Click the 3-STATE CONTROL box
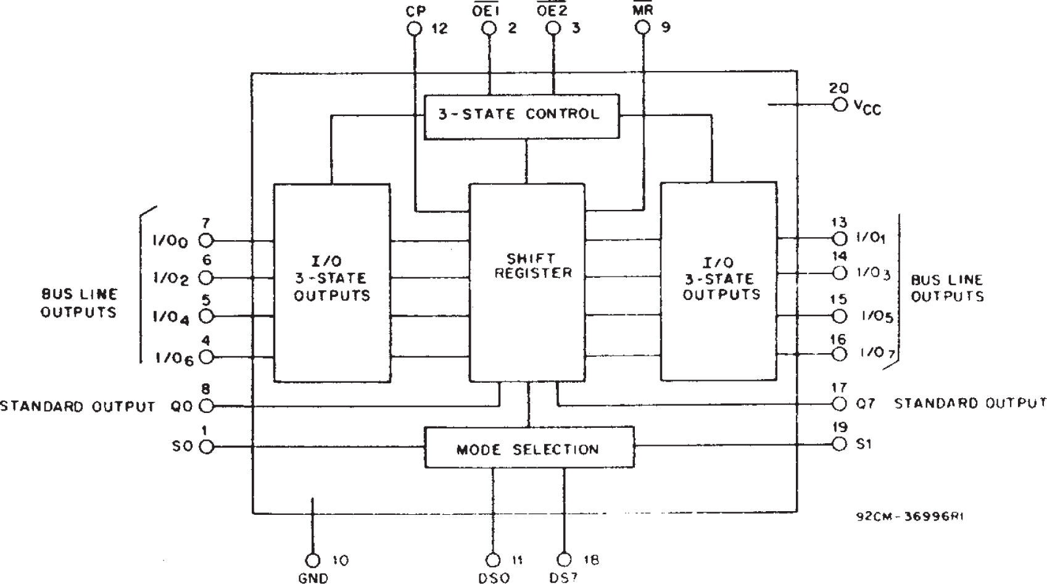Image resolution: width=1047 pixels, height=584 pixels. click(x=521, y=115)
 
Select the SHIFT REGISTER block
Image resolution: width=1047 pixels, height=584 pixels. click(x=527, y=281)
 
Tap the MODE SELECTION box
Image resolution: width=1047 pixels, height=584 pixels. click(x=529, y=447)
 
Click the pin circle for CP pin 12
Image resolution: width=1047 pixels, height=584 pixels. click(x=415, y=28)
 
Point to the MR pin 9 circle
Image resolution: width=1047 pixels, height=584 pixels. click(x=644, y=28)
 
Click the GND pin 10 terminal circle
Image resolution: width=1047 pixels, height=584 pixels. click(x=313, y=560)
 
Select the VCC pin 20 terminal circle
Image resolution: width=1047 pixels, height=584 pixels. click(x=839, y=104)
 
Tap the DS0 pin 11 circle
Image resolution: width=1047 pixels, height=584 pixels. click(x=493, y=560)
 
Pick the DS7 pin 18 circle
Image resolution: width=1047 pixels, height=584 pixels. click(x=564, y=560)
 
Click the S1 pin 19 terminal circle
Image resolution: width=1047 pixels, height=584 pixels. click(x=839, y=444)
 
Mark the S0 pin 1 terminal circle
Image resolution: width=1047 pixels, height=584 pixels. click(x=206, y=446)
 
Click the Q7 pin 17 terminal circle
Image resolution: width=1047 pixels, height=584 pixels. click(x=839, y=404)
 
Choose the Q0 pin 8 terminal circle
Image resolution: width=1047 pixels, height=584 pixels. click(x=206, y=406)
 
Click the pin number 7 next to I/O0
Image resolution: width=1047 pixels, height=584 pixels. click(x=206, y=223)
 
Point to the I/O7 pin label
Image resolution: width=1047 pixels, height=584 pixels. click(x=875, y=354)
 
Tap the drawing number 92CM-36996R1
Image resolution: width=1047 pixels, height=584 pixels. click(x=909, y=517)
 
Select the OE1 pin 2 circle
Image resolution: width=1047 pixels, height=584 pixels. click(x=490, y=28)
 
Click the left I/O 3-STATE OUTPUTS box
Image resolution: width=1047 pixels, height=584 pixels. click(x=332, y=282)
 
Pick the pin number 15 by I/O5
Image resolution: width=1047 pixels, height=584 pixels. click(x=838, y=299)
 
